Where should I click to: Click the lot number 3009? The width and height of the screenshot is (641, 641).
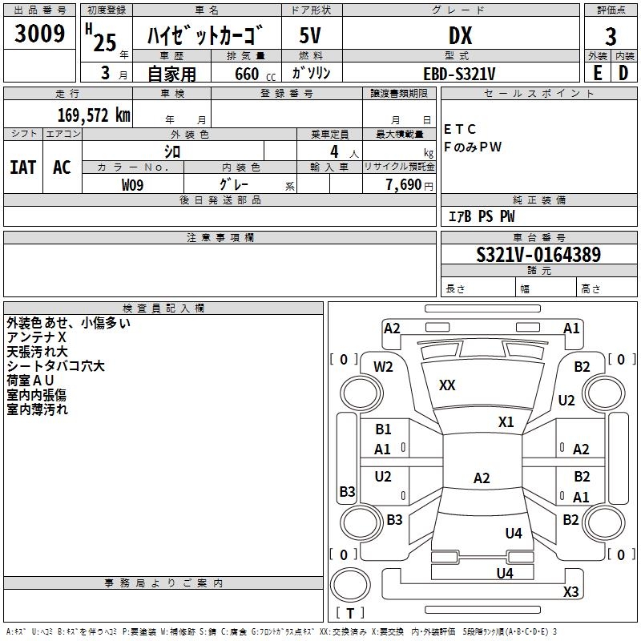[x=40, y=34]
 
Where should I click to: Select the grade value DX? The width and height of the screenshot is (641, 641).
[x=460, y=35]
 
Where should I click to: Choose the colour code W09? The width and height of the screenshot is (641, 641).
[x=133, y=184]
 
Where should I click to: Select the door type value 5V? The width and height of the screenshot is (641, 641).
[x=311, y=35]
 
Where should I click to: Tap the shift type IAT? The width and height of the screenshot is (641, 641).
[x=22, y=167]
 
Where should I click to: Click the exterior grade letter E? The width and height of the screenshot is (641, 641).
[x=597, y=73]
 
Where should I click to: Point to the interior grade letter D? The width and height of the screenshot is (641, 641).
[x=623, y=73]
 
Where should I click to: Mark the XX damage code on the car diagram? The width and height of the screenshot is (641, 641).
[x=447, y=385]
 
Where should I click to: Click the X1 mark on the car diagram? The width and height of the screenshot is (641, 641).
[x=506, y=421]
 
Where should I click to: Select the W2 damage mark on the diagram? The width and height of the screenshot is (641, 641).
[x=384, y=367]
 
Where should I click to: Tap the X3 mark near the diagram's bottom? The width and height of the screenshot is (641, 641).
[x=570, y=592]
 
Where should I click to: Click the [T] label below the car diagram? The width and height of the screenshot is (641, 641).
[x=350, y=613]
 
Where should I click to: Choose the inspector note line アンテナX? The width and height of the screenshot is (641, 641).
[x=36, y=338]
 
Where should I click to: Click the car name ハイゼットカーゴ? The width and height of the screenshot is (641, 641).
[x=205, y=35]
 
